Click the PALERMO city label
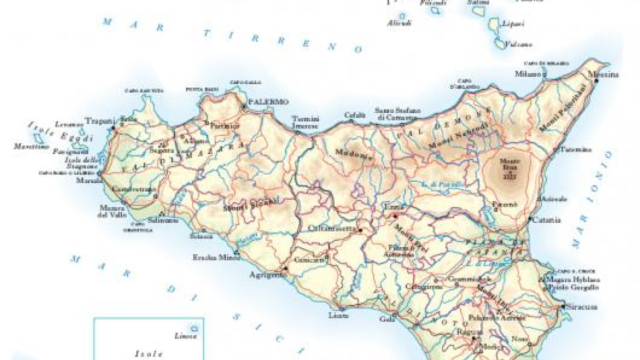coord(268,102)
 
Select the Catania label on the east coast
coord(547,220)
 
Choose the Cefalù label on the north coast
coord(355,115)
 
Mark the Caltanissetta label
coord(333,228)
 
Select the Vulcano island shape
coord(500,44)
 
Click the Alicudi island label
coord(399,23)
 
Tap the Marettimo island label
coord(31,147)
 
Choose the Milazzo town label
coord(528,73)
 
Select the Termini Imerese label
coord(305,122)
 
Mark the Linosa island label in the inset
coord(186,336)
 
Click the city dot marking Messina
coord(596,81)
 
